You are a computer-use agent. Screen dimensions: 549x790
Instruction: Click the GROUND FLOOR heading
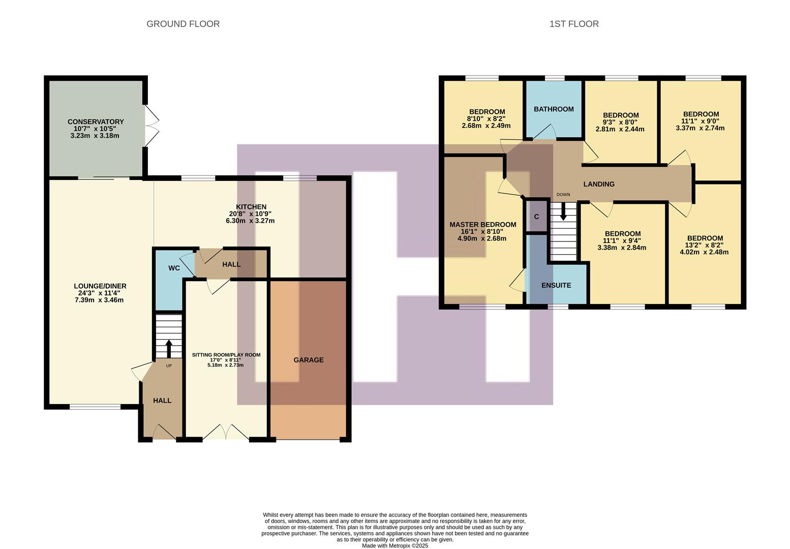point(183,24)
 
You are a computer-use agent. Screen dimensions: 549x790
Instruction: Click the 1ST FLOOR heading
point(574,24)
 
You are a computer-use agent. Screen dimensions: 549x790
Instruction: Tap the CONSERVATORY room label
point(96,121)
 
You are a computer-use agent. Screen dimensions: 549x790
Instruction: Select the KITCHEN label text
point(251,207)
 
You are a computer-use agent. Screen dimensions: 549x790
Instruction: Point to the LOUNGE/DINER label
point(100,286)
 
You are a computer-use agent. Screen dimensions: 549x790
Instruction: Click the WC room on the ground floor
point(174,268)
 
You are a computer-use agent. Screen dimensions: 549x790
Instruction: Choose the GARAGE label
point(308,360)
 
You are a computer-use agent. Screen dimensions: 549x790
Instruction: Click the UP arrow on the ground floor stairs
point(168,348)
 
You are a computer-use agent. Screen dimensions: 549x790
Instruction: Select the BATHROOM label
point(554,109)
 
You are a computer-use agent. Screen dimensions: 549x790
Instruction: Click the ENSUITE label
point(556,285)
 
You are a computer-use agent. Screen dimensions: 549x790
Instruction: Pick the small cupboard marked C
point(536,217)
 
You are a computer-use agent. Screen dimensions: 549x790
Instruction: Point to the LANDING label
point(599,184)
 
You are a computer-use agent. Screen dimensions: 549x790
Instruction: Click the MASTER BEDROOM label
point(482,225)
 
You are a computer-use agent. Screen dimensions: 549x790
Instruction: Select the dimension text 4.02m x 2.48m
point(705,252)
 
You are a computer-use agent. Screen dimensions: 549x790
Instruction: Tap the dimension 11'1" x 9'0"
point(701,121)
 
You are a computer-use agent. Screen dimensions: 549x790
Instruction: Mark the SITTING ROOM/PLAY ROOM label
point(226,355)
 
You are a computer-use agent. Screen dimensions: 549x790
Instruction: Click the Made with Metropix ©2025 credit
point(395,545)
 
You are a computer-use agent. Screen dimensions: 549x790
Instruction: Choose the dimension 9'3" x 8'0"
point(620,123)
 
